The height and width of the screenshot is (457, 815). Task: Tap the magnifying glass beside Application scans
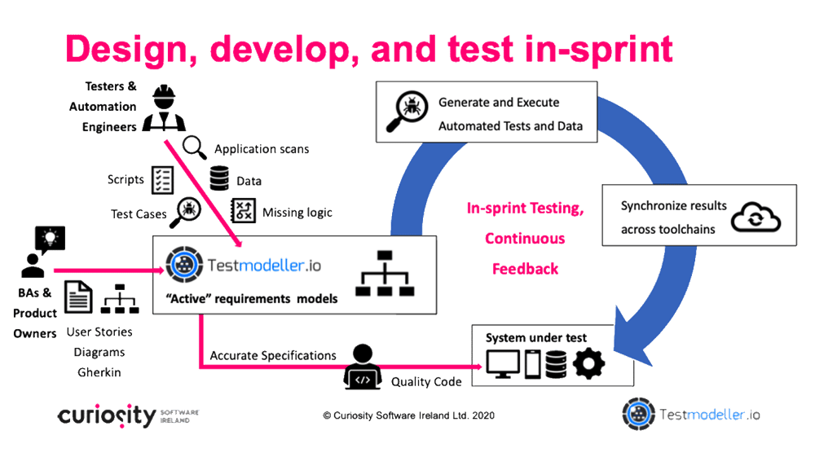[195, 147]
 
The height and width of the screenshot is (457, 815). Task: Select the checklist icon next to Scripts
[162, 180]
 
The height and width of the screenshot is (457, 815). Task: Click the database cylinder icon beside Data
[219, 178]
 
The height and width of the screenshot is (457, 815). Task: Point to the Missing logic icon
[243, 210]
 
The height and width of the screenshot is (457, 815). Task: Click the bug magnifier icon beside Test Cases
[185, 212]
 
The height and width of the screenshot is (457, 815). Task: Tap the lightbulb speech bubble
[50, 239]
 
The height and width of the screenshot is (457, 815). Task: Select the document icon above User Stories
[78, 297]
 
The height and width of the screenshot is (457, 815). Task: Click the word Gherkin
[99, 372]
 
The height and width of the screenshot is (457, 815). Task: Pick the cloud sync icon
[756, 217]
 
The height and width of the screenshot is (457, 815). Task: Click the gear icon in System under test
[588, 363]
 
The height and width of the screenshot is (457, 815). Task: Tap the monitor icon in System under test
[503, 363]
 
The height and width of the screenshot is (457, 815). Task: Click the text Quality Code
[426, 382]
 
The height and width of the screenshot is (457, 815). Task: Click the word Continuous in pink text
[525, 239]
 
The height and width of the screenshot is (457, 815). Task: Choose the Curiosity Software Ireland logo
[128, 415]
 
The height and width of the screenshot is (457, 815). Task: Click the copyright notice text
[408, 415]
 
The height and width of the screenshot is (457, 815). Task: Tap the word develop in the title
[284, 51]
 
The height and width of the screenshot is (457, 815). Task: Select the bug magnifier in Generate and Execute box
[407, 111]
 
